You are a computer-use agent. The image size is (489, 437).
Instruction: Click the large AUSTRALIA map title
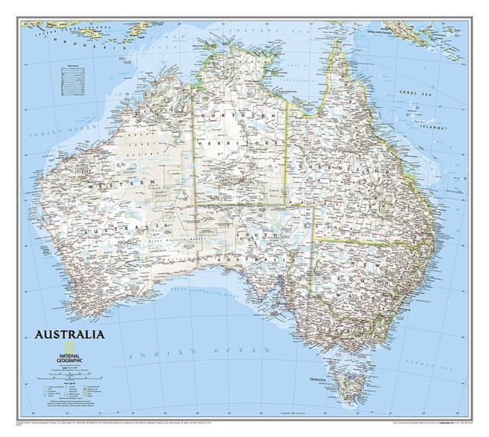[x=69, y=334]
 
